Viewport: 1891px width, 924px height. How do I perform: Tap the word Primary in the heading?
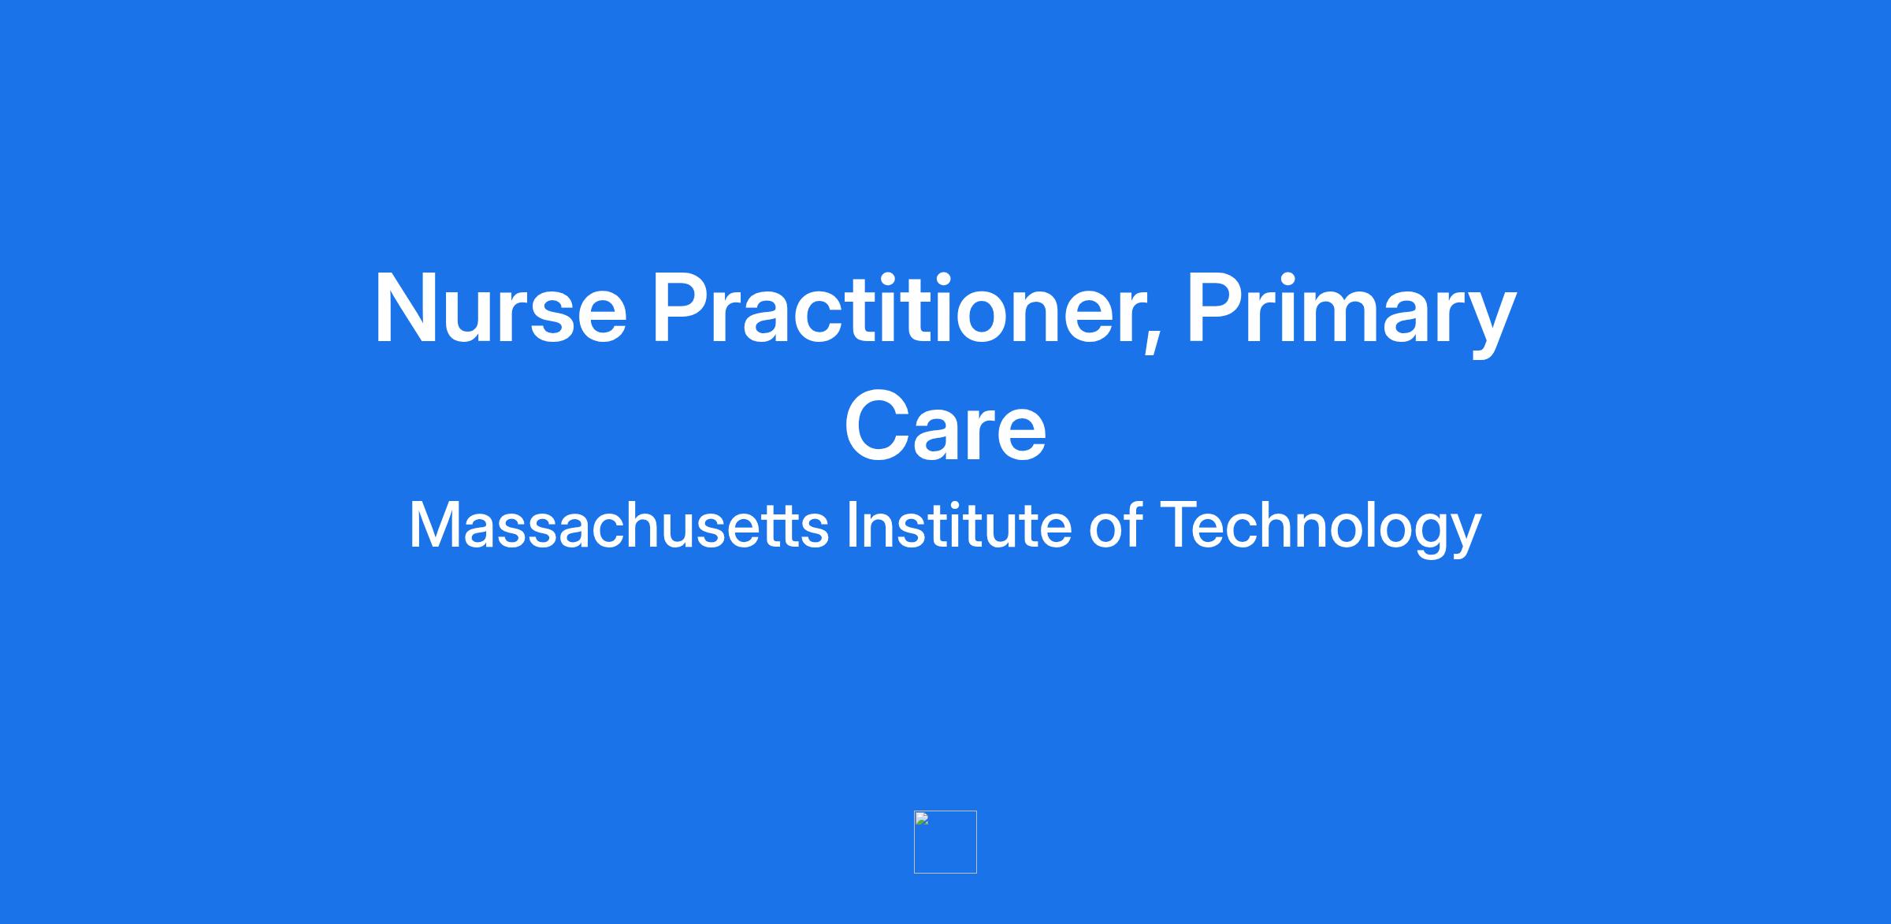click(x=1351, y=313)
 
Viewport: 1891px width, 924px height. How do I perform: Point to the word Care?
click(x=945, y=425)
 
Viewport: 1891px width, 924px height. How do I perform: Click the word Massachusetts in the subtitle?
click(x=619, y=525)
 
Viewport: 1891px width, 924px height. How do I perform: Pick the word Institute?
click(x=959, y=524)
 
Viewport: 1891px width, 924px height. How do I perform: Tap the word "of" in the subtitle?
click(x=1115, y=524)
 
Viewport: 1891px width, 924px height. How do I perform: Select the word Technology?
click(x=1321, y=529)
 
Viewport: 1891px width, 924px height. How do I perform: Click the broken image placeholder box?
click(x=945, y=842)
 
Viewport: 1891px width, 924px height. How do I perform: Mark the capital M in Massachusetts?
click(x=433, y=525)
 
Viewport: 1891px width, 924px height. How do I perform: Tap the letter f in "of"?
click(x=1133, y=524)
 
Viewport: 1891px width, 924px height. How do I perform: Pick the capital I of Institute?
click(x=851, y=525)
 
